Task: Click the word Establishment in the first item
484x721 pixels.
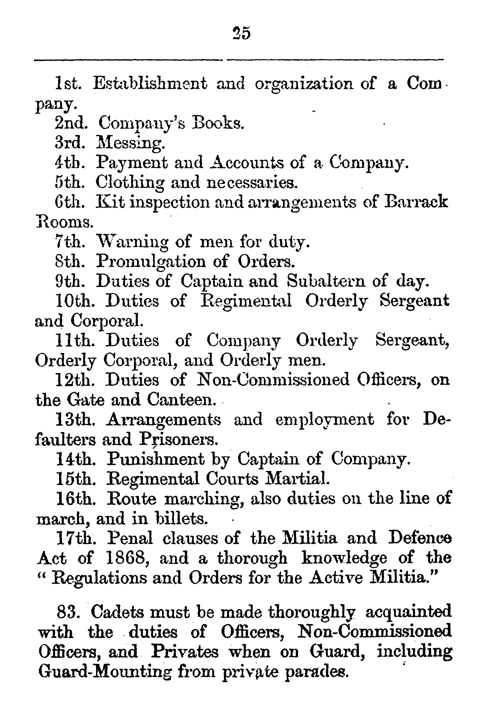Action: pos(150,83)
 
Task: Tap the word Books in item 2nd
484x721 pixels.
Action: pos(218,123)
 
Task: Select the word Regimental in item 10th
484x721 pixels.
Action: pos(246,301)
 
